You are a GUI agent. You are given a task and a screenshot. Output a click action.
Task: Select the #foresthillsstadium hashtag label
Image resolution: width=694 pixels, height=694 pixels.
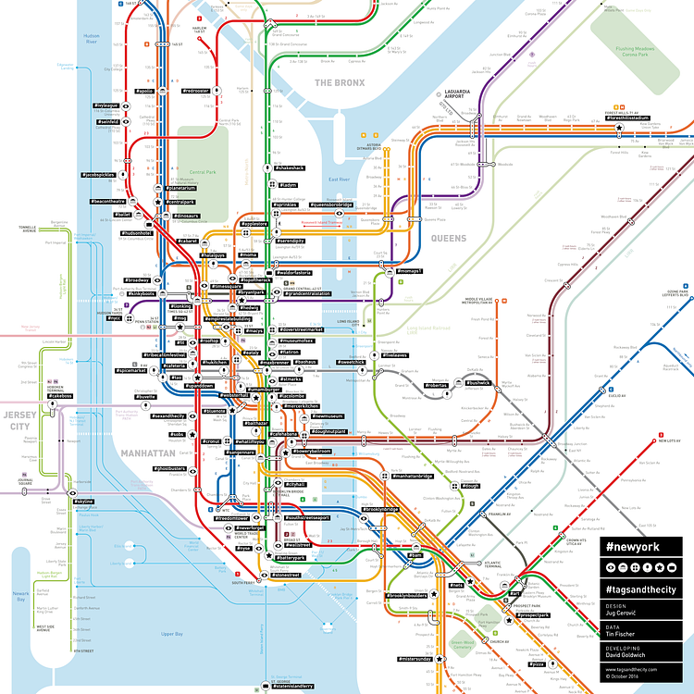[628, 118]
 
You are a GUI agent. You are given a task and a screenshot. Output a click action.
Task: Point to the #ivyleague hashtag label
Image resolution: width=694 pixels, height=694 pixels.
[106, 106]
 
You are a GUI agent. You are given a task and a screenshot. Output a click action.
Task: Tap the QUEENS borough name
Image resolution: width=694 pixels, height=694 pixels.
[448, 238]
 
